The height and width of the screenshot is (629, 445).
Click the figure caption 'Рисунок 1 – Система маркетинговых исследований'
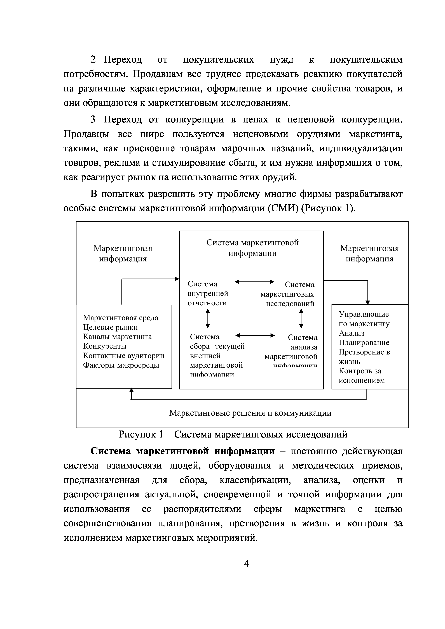pyautogui.click(x=233, y=434)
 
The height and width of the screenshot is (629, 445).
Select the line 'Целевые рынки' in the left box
pyautogui.click(x=110, y=327)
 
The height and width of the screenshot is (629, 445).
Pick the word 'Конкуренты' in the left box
pyautogui.click(x=105, y=346)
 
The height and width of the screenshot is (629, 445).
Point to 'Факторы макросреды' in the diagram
pyautogui.click(x=121, y=365)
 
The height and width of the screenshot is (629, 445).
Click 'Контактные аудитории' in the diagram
pyautogui.click(x=124, y=356)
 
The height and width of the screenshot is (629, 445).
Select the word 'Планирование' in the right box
pyautogui.click(x=364, y=343)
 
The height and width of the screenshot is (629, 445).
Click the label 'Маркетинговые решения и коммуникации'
pyautogui.click(x=250, y=413)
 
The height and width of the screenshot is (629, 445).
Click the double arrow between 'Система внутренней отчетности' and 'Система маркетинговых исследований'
pyautogui.click(x=254, y=282)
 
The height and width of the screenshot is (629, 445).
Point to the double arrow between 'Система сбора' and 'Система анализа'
pyautogui.click(x=255, y=335)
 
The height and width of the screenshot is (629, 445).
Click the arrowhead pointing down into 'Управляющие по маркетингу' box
pyautogui.click(x=368, y=302)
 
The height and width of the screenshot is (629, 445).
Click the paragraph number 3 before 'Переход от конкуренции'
pyautogui.click(x=93, y=120)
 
